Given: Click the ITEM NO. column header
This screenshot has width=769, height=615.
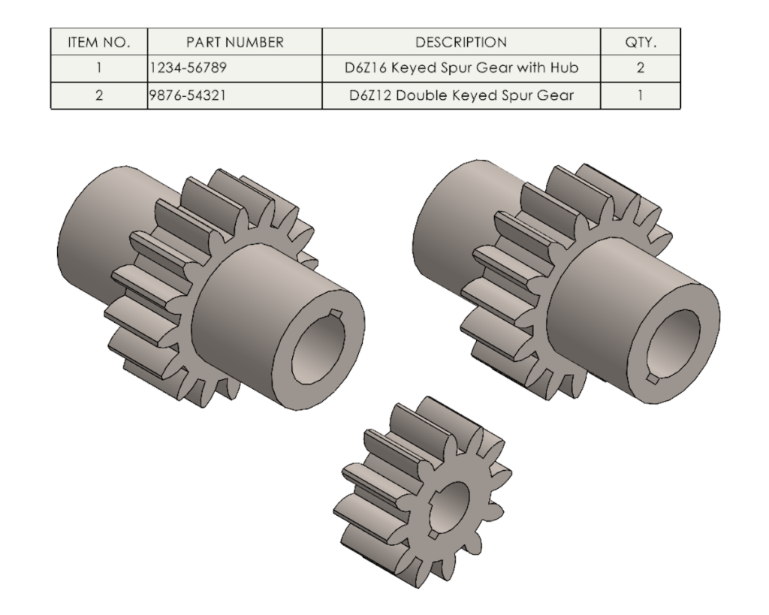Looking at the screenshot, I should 98,42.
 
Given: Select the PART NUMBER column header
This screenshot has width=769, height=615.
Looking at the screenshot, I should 234,42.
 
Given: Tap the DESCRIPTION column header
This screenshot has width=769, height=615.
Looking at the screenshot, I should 461,42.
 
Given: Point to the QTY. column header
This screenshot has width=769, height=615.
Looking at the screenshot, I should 641,42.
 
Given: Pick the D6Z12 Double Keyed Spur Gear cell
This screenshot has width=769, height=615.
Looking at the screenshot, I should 461,96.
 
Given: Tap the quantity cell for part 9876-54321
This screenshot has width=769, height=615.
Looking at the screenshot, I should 641,96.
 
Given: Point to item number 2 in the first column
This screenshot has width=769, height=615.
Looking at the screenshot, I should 98,96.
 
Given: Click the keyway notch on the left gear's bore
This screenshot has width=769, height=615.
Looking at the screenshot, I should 336,314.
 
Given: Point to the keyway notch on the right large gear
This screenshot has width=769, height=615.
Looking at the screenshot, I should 653,380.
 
